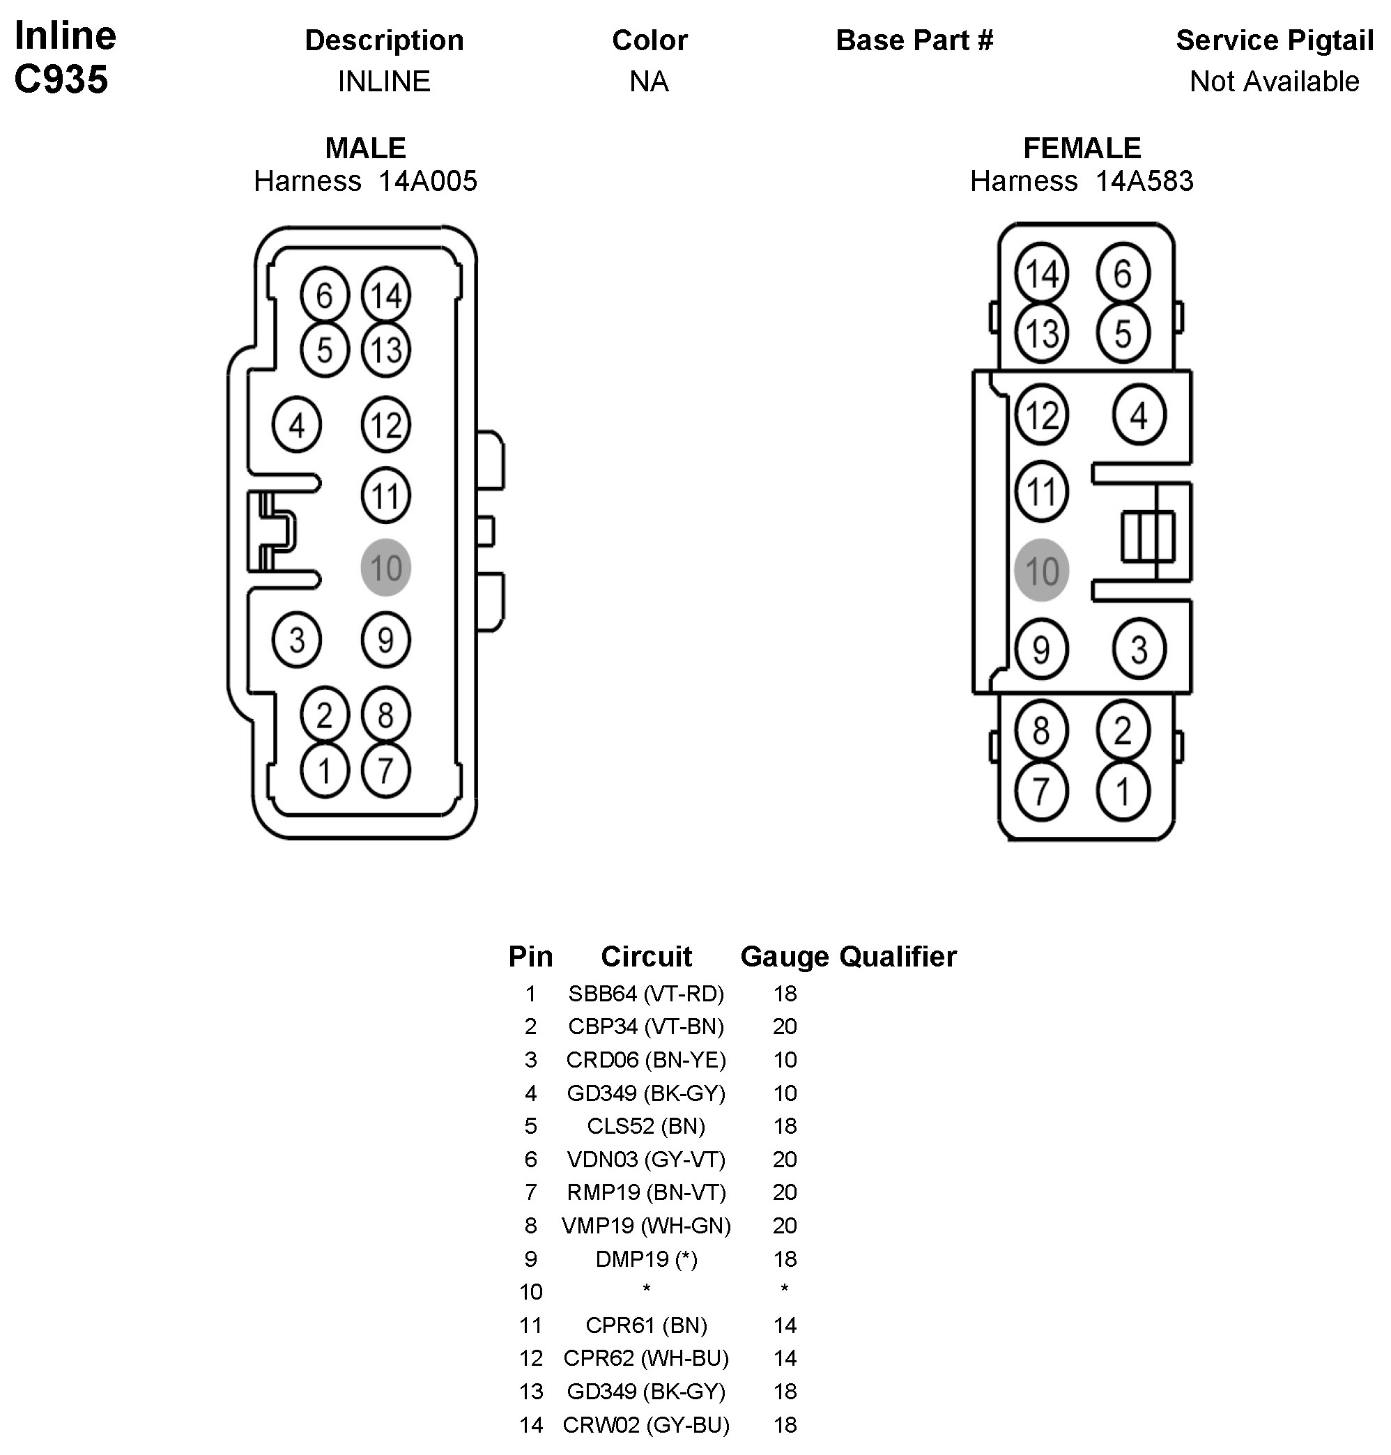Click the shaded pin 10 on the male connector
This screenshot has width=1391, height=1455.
pos(385,567)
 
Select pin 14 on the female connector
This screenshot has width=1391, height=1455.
pos(1041,274)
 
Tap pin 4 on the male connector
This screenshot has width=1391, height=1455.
pos(297,425)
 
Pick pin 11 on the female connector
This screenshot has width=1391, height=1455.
pos(1041,491)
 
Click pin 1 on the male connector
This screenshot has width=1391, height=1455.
pos(324,771)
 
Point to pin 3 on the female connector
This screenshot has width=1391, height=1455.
pos(1139,649)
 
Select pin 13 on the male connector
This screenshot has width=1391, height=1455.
pos(385,350)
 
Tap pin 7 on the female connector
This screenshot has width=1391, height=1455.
pos(1041,792)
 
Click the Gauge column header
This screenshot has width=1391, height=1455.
pos(785,957)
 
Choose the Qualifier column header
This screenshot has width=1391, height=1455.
pos(898,957)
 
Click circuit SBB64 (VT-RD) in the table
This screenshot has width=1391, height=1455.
pos(646,994)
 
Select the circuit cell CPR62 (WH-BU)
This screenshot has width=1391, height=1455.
pos(646,1359)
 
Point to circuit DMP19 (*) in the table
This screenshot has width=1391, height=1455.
pos(646,1259)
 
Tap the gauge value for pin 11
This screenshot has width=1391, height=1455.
pos(785,1325)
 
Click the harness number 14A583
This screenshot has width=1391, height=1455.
pos(1144,181)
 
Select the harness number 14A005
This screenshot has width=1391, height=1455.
pos(428,181)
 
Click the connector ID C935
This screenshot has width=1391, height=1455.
pos(61,79)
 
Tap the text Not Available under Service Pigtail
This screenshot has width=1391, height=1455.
pos(1274,82)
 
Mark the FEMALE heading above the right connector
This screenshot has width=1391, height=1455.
pos(1082,148)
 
